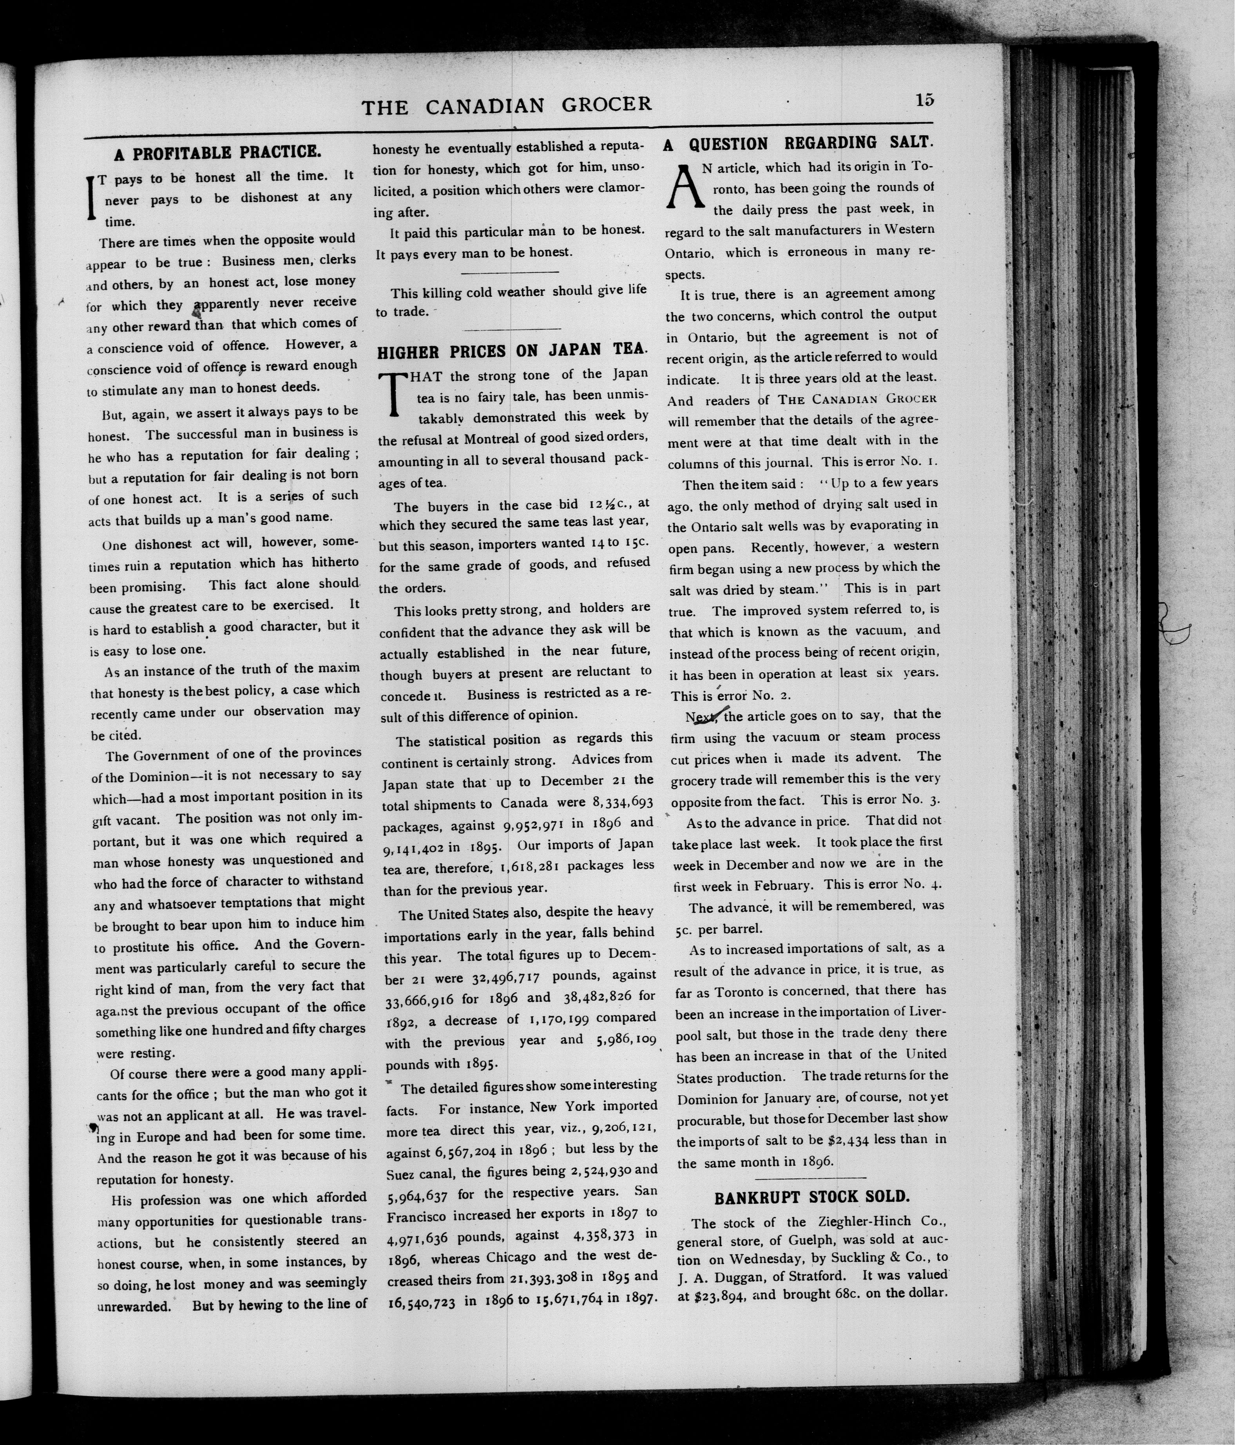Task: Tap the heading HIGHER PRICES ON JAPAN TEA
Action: (512, 351)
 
